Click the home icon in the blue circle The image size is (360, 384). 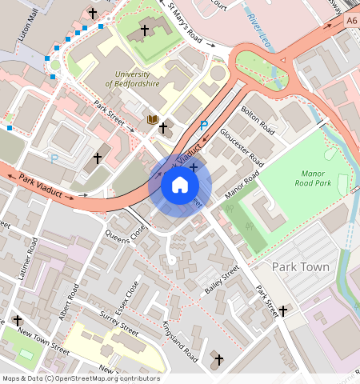pyautogui.click(x=180, y=185)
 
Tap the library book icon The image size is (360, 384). pyautogui.click(x=152, y=120)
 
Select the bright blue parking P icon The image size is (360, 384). pyautogui.click(x=204, y=126)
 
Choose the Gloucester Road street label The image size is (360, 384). pyautogui.click(x=242, y=143)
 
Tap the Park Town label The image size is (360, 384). pyautogui.click(x=301, y=266)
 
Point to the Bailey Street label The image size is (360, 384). pyautogui.click(x=222, y=281)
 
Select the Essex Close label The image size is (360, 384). pyautogui.click(x=128, y=297)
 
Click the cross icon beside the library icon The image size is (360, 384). pyautogui.click(x=163, y=127)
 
